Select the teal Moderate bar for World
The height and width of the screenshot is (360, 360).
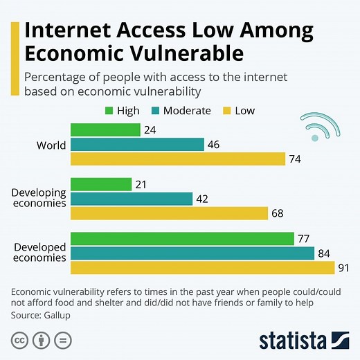[137, 144]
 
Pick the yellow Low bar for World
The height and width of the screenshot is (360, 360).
[178, 159]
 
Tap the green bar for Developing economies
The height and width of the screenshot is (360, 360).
[101, 183]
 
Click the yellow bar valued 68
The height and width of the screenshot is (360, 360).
[169, 213]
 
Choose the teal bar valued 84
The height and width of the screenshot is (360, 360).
[192, 253]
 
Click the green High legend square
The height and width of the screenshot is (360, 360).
[109, 111]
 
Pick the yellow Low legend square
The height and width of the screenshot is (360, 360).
[226, 111]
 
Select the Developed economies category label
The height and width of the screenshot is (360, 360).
[39, 253]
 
